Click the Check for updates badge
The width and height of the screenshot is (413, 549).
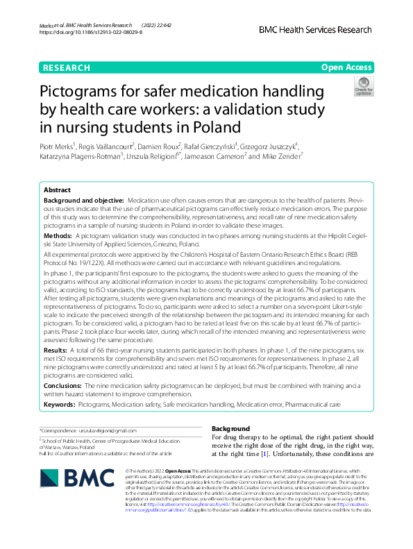[363, 87]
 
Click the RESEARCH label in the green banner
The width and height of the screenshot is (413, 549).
[66, 67]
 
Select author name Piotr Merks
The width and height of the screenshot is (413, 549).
[58, 146]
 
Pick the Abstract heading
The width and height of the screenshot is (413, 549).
[57, 190]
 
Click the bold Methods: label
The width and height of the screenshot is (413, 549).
[59, 236]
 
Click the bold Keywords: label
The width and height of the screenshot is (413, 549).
[59, 403]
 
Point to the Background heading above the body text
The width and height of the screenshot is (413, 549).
[230, 428]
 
